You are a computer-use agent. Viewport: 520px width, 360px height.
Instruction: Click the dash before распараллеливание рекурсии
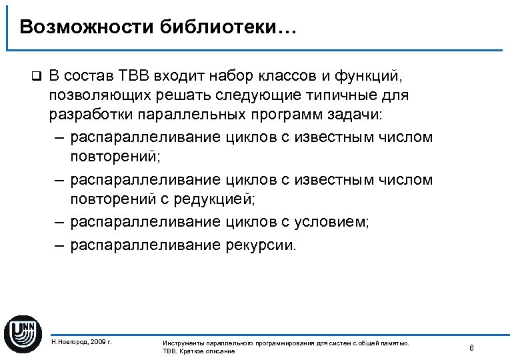(x=60, y=244)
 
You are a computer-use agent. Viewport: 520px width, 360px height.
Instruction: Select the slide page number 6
(x=471, y=347)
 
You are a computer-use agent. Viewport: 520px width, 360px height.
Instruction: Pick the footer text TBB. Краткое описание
(x=198, y=351)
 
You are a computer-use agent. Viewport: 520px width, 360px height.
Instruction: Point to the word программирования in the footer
(x=284, y=343)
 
